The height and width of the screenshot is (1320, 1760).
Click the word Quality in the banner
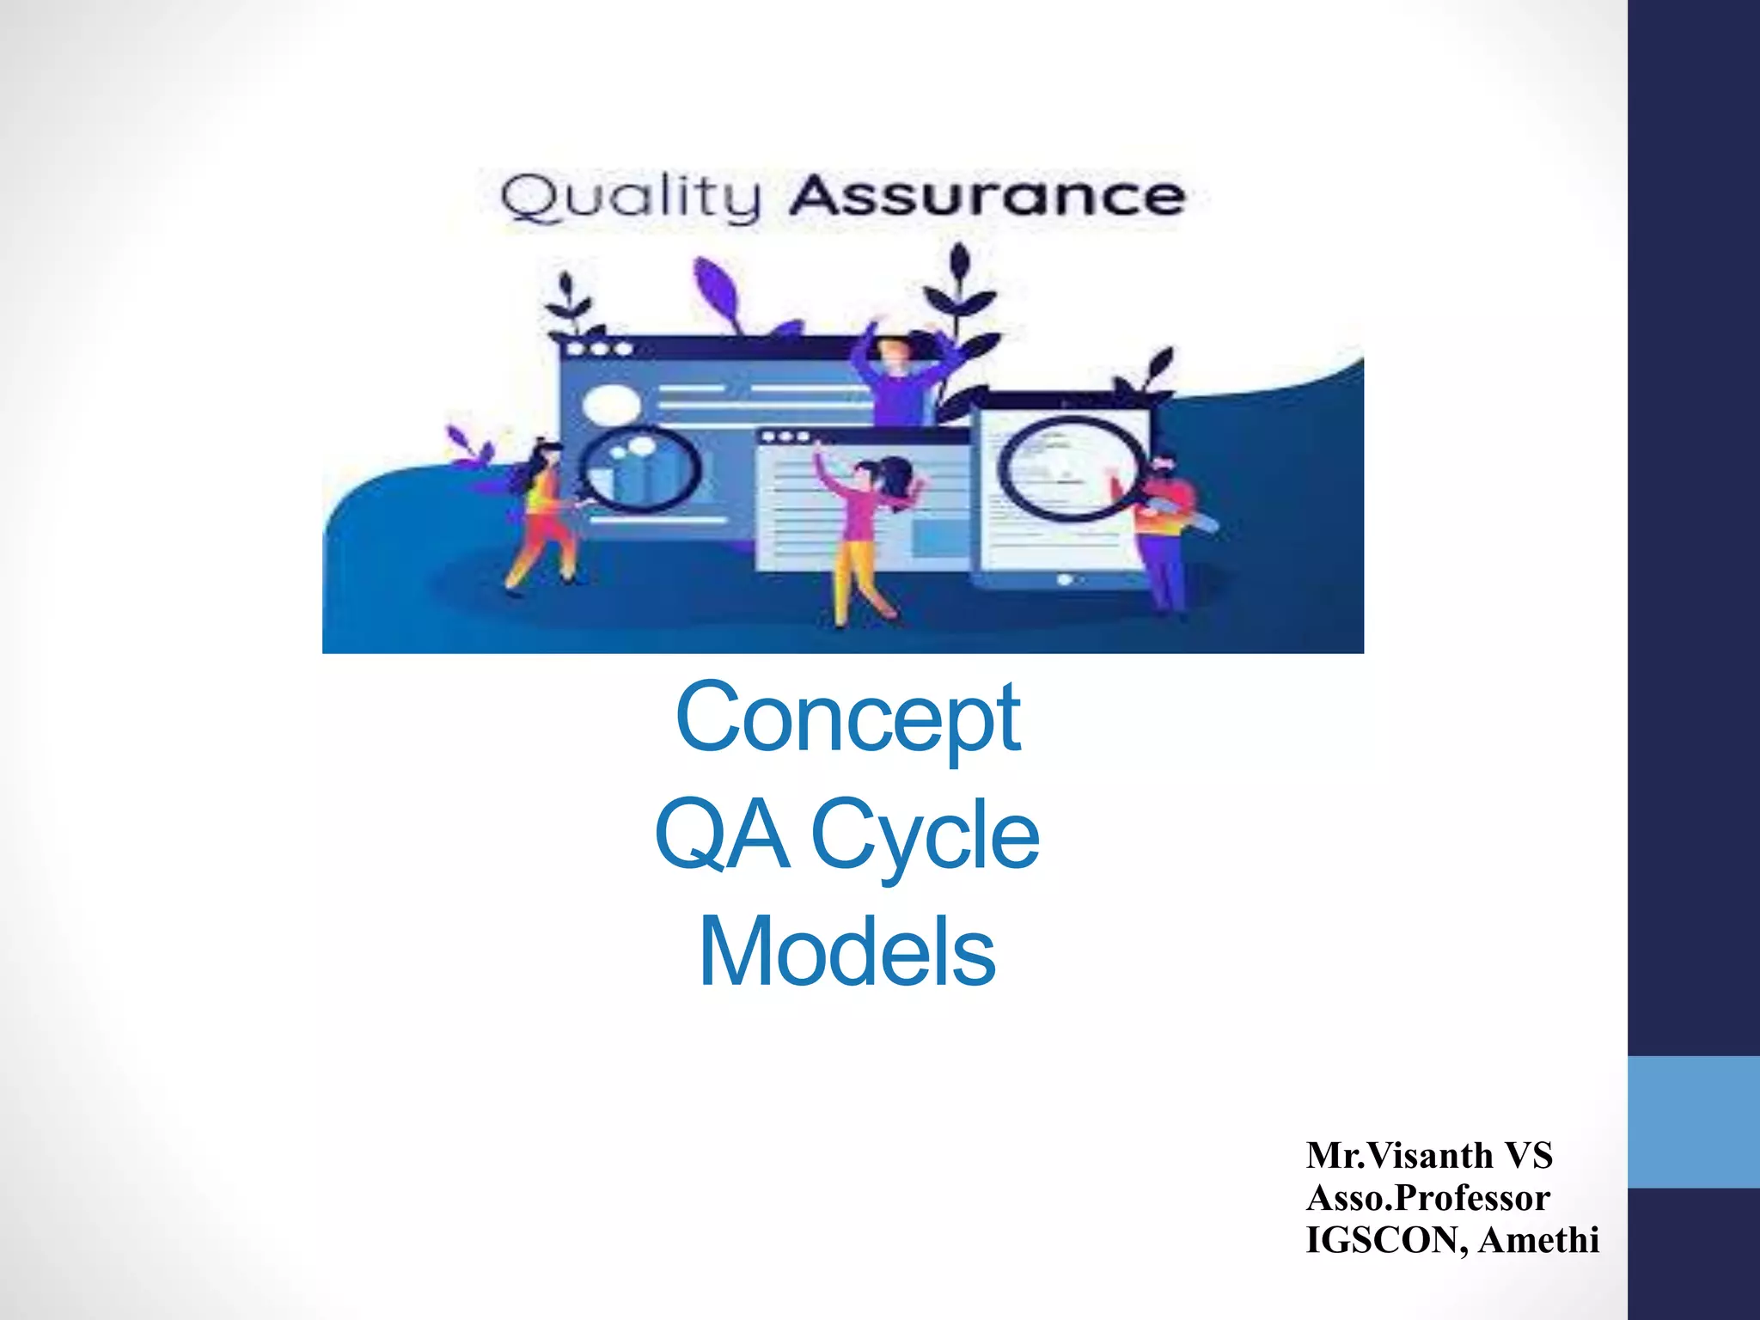630,198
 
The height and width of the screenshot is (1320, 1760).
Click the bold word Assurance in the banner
987,196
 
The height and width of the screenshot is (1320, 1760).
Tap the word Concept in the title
847,718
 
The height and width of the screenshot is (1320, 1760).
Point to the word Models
847,953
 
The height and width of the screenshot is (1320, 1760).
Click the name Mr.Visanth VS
1429,1156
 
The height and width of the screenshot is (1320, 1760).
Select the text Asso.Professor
1427,1198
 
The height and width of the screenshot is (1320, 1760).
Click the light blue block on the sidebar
1693,1121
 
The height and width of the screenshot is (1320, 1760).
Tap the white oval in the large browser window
611,404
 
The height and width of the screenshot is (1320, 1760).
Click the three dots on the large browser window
599,349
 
